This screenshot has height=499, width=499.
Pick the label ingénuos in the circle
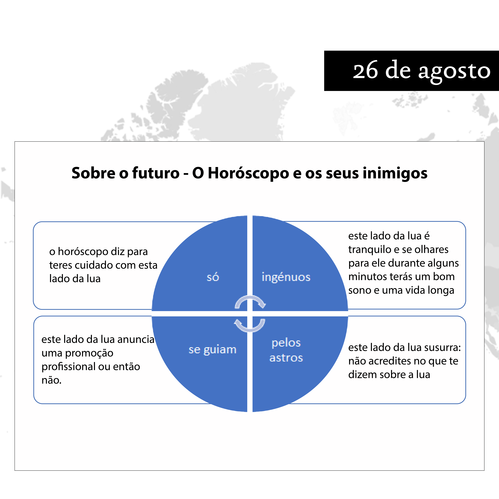coord(286,277)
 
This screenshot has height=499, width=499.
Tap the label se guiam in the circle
coord(213,350)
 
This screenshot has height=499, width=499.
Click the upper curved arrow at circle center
coord(250,298)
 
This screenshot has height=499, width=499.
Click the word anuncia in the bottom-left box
coord(136,339)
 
